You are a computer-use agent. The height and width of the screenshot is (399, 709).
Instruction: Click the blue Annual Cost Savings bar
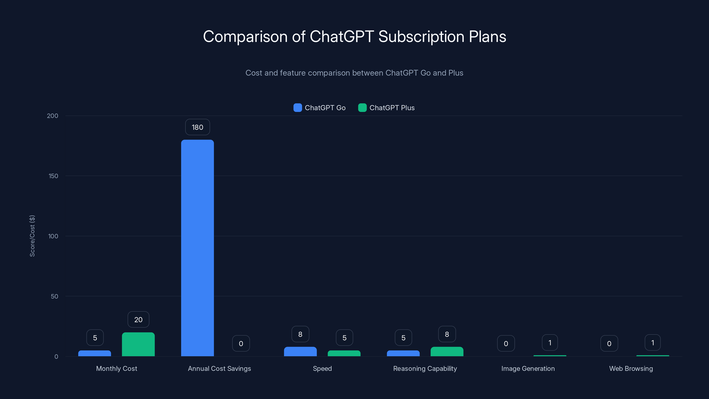(197, 248)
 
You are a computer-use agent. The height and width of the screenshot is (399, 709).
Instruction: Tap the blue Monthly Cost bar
(94, 353)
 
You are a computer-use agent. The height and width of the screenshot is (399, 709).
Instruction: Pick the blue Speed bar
(300, 351)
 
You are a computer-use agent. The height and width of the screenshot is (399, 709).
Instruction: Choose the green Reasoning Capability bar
(447, 351)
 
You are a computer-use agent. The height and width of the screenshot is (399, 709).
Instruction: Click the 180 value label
(197, 127)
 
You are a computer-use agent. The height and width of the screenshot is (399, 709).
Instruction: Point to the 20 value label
(138, 319)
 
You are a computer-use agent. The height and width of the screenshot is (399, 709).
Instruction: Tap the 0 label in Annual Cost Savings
(241, 343)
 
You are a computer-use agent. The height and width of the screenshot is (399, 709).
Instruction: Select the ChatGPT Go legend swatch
(298, 108)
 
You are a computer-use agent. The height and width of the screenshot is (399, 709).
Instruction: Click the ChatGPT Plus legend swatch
(362, 108)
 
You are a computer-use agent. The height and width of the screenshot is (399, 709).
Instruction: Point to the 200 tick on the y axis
(52, 116)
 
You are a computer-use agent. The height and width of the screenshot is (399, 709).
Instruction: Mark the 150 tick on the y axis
(53, 176)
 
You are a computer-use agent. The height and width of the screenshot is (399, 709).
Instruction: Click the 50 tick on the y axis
(54, 296)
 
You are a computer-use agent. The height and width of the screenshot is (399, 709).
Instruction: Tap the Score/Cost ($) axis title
(32, 236)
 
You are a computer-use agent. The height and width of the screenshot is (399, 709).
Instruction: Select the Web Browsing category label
(631, 368)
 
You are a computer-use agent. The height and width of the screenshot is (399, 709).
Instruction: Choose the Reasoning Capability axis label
(425, 368)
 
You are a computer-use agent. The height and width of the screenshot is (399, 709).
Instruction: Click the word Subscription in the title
(421, 37)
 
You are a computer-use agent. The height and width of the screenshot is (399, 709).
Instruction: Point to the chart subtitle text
(354, 73)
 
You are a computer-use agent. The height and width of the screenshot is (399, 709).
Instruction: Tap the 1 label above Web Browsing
(653, 342)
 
